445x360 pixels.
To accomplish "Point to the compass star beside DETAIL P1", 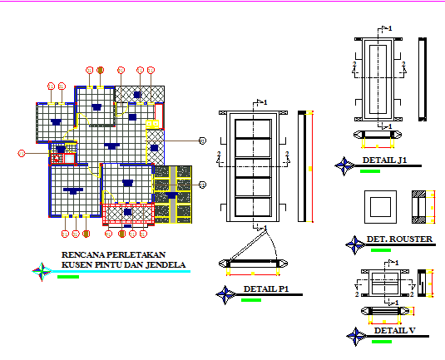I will (225, 294).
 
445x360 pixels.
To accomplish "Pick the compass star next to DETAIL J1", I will (343, 166).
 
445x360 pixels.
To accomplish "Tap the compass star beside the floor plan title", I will (41, 270).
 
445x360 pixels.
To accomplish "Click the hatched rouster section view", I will (423, 206).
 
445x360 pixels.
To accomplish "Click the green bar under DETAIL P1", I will (250, 300).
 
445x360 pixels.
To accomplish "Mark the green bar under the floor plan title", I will (69, 276).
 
